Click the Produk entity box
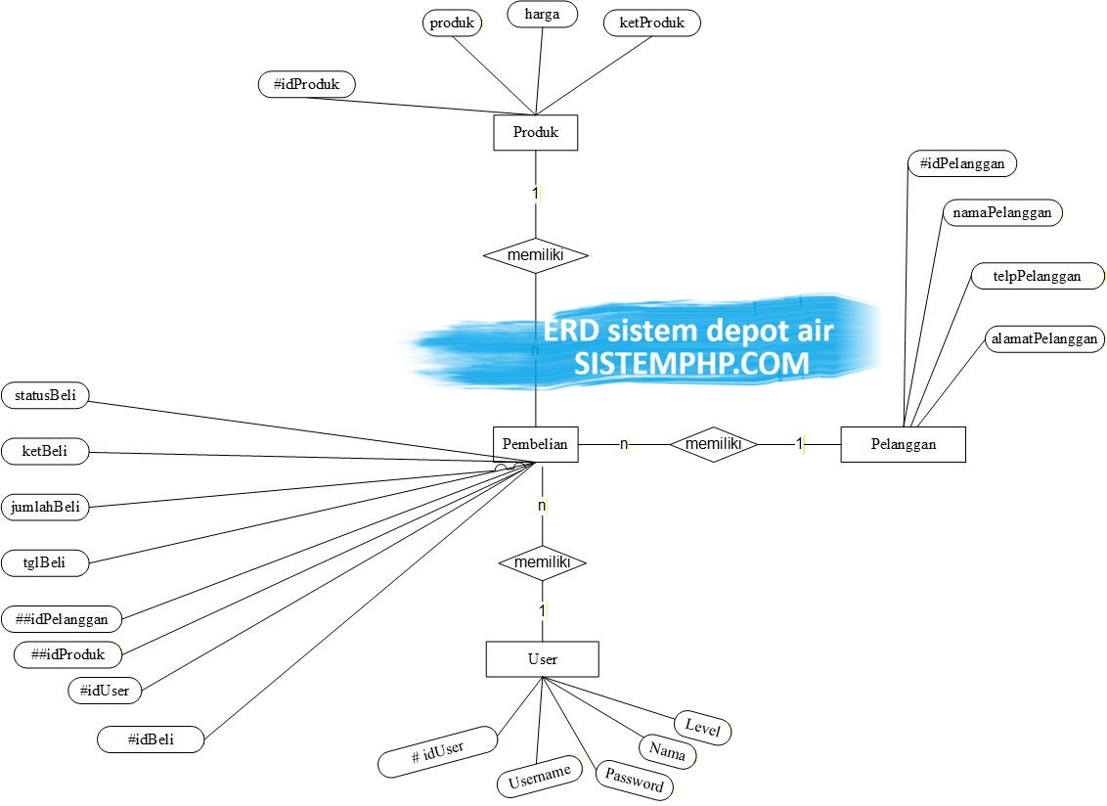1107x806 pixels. (535, 132)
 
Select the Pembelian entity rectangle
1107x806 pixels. (535, 444)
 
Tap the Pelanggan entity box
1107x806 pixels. (903, 444)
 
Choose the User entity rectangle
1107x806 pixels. (542, 659)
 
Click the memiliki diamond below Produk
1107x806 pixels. (535, 255)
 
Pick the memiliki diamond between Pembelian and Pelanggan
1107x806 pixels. (714, 444)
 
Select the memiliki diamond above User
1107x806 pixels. (542, 563)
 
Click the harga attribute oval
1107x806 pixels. (542, 16)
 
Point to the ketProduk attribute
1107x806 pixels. (651, 22)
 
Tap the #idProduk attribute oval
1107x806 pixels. (307, 85)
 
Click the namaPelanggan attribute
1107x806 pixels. (1001, 212)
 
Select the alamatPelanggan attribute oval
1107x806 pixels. (1043, 339)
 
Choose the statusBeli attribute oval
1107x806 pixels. (46, 396)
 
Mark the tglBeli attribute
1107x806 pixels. (44, 563)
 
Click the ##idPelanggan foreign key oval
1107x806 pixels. (63, 619)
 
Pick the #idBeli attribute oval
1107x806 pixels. (151, 739)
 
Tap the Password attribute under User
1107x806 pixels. (635, 779)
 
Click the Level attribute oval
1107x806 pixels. (702, 728)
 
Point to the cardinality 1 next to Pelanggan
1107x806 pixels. (799, 444)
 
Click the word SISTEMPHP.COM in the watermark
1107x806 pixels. (691, 364)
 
